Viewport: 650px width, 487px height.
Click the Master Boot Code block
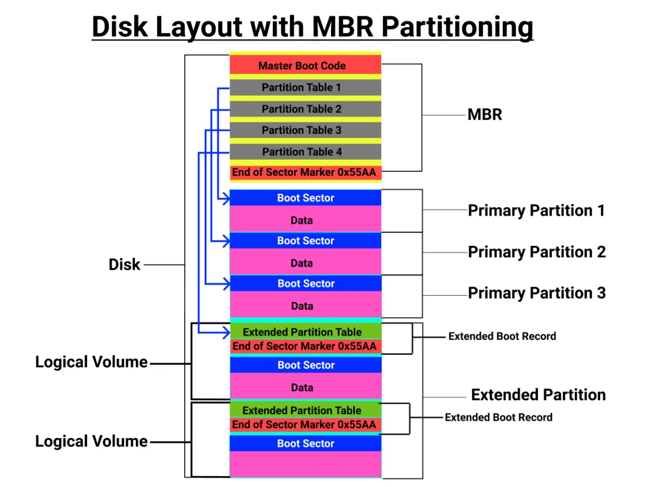coord(305,66)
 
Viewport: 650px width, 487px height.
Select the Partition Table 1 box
coord(305,87)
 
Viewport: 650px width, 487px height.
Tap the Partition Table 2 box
coord(305,109)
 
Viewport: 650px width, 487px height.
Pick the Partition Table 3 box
coord(305,130)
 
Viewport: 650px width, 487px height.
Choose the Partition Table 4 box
coord(305,152)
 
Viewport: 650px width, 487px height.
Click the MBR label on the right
coord(485,115)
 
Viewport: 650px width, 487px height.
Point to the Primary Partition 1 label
coord(536,210)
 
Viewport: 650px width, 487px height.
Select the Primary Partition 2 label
coord(536,252)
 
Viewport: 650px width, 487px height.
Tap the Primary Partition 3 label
coord(536,293)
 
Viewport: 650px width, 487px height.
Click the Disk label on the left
coord(125,264)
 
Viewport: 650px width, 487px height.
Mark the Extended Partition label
coord(538,395)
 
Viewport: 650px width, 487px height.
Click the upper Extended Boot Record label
coord(502,336)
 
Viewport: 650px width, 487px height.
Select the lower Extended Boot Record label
coord(498,417)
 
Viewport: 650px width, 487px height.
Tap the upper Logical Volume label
coord(92,362)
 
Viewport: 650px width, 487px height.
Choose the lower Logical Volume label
coord(92,441)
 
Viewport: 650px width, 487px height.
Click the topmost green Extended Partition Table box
coord(305,332)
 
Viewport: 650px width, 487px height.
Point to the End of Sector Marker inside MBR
coord(305,172)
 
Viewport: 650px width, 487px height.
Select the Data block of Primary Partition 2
coord(305,263)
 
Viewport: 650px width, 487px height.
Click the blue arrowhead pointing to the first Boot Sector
coord(226,199)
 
